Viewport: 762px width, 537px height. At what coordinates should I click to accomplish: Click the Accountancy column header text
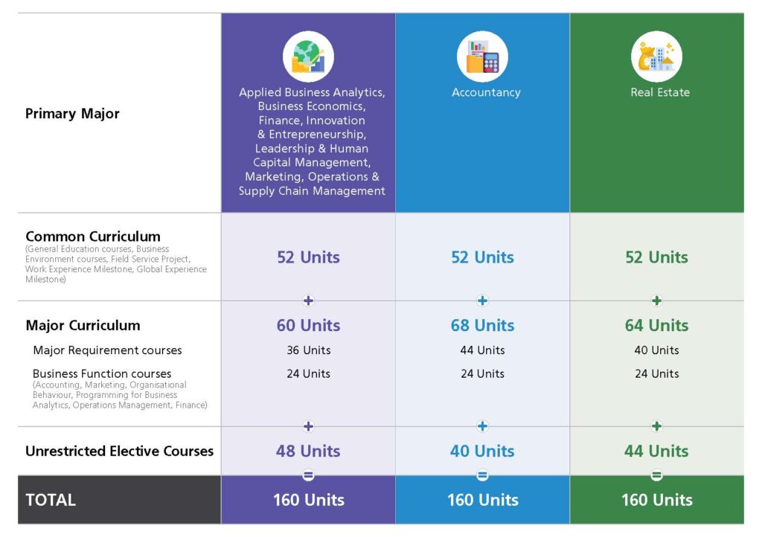pyautogui.click(x=486, y=92)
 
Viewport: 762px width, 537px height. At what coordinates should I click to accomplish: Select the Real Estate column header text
pyautogui.click(x=660, y=92)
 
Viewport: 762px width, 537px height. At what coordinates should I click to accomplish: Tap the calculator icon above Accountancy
pyautogui.click(x=482, y=57)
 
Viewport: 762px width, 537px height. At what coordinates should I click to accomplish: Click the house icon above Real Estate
pyautogui.click(x=656, y=57)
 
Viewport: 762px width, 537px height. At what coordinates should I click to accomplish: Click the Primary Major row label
pyautogui.click(x=72, y=114)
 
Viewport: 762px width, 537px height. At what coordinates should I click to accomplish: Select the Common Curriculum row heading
pyautogui.click(x=92, y=237)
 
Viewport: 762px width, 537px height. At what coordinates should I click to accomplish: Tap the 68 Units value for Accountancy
pyautogui.click(x=482, y=325)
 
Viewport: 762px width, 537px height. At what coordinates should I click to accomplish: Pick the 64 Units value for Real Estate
pyautogui.click(x=656, y=325)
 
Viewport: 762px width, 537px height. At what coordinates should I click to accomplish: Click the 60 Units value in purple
pyautogui.click(x=308, y=325)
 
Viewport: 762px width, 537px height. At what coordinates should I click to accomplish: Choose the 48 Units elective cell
pyautogui.click(x=308, y=451)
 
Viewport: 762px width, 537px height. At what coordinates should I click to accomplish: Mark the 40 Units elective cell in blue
pyautogui.click(x=482, y=451)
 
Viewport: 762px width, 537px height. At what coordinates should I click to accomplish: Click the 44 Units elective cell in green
pyautogui.click(x=656, y=451)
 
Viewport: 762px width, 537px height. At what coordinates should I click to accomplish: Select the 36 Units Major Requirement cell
pyautogui.click(x=308, y=350)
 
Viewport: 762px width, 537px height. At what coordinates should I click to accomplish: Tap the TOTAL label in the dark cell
pyautogui.click(x=51, y=500)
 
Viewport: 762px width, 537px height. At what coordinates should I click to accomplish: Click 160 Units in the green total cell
pyautogui.click(x=656, y=500)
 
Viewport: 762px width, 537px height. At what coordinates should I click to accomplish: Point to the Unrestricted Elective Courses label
pyautogui.click(x=119, y=451)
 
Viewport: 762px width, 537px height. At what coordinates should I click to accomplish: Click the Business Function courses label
pyautogui.click(x=102, y=373)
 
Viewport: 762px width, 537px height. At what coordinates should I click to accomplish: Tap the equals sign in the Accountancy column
pyautogui.click(x=482, y=475)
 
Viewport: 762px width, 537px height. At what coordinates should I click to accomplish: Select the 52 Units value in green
pyautogui.click(x=656, y=257)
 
